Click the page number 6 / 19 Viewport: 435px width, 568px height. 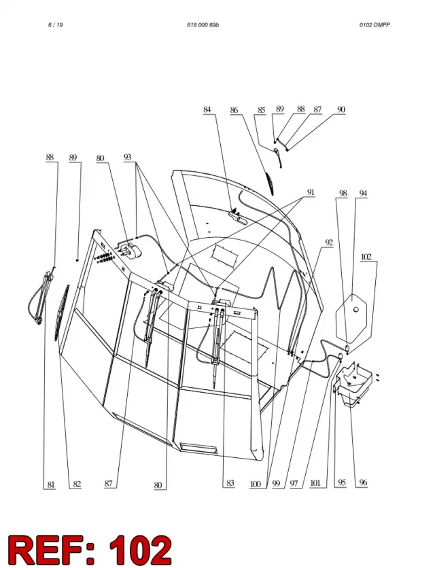(x=55, y=25)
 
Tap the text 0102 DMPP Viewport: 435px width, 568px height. (x=375, y=25)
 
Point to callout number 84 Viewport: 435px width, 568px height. (x=207, y=109)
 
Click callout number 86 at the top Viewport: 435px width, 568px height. (x=234, y=110)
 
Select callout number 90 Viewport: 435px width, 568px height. (x=341, y=109)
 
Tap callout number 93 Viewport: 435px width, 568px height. (x=127, y=157)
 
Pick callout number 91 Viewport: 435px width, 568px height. (x=311, y=192)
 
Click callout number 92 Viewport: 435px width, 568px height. (x=329, y=243)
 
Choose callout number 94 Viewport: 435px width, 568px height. (x=363, y=194)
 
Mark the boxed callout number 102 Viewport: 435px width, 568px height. (x=366, y=257)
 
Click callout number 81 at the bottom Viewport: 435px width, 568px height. (x=51, y=484)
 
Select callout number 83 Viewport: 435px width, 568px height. (x=230, y=483)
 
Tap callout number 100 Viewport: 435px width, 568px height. (x=255, y=484)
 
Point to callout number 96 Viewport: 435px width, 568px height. (x=363, y=482)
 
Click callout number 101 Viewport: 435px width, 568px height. (x=315, y=483)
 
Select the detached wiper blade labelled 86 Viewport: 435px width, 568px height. (x=268, y=183)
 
